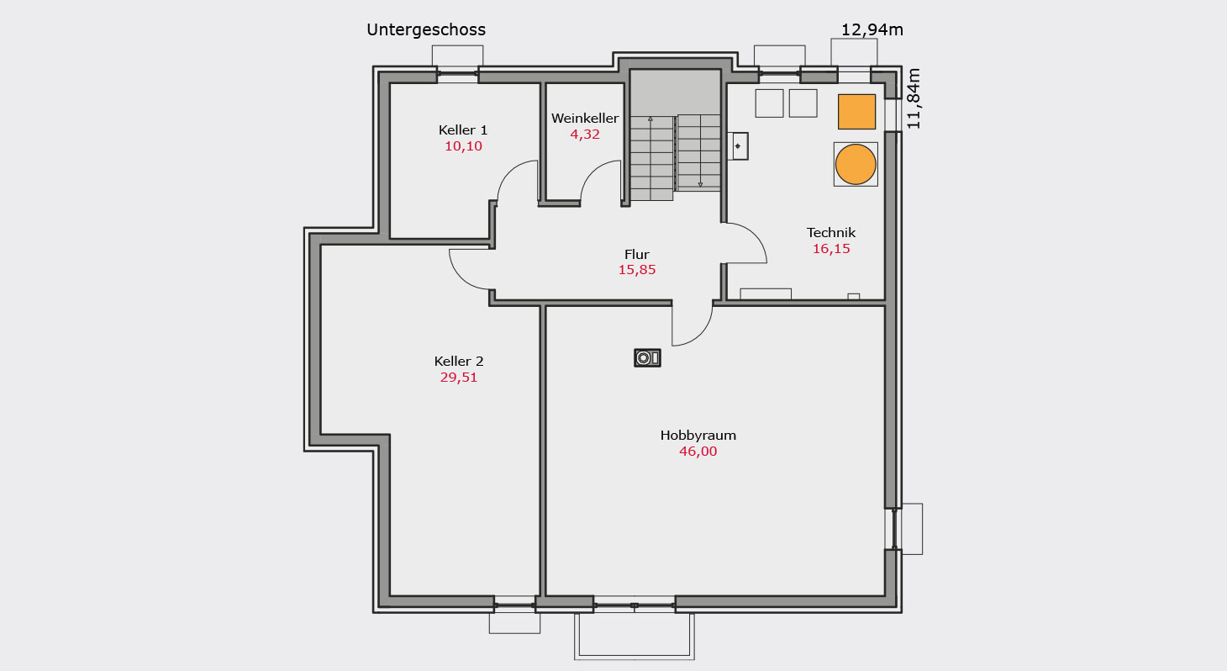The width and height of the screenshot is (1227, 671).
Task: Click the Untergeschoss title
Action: click(425, 29)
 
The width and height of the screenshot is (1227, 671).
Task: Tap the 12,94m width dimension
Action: click(872, 29)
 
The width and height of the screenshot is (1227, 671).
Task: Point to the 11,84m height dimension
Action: click(914, 98)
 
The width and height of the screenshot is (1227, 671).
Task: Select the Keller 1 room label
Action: click(463, 130)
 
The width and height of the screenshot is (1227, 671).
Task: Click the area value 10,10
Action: click(463, 146)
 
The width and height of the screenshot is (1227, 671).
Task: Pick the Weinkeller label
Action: click(585, 118)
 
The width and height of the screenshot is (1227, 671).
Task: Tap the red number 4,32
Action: click(585, 135)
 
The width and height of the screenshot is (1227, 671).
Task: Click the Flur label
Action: click(636, 255)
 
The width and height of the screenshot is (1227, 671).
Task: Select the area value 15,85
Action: click(637, 270)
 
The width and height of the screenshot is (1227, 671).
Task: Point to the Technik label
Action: click(831, 232)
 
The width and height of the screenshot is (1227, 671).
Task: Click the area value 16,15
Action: click(831, 249)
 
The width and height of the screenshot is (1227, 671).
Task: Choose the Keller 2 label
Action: click(459, 362)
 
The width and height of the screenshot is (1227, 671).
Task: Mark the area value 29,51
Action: click(459, 378)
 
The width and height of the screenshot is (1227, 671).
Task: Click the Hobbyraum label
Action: click(698, 436)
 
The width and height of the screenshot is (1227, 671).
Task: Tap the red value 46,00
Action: click(698, 452)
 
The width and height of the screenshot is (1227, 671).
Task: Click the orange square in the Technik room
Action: click(856, 112)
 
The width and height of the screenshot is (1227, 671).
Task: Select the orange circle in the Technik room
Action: click(856, 165)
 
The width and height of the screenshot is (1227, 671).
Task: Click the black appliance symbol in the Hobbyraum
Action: click(647, 358)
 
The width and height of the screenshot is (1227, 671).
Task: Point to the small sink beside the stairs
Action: click(738, 146)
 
